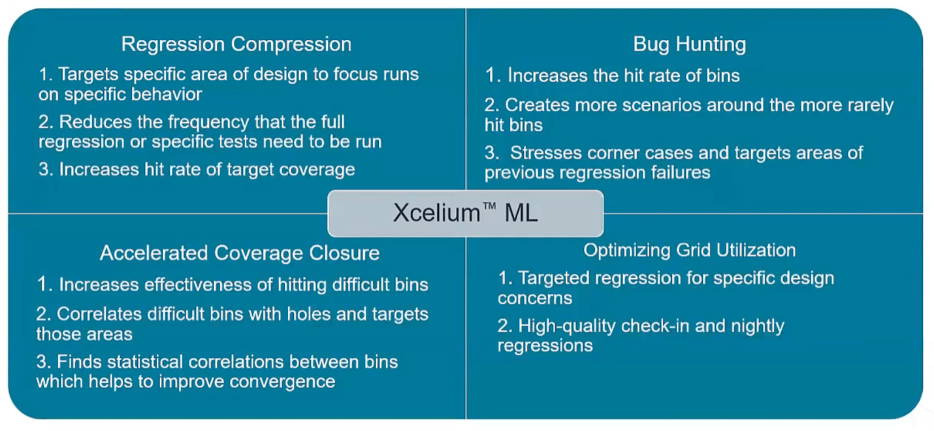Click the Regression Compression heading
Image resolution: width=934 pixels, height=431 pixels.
(x=236, y=44)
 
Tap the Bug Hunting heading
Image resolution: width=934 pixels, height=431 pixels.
(x=689, y=44)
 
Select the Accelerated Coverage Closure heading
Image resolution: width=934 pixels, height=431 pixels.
(x=240, y=253)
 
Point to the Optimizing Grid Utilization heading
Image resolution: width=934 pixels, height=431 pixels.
(x=689, y=251)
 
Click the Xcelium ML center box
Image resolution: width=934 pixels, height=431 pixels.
(x=465, y=214)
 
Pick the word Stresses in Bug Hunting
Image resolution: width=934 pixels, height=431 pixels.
(x=546, y=153)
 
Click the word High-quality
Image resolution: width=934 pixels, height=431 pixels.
(x=567, y=327)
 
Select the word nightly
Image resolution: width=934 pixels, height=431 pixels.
(x=758, y=327)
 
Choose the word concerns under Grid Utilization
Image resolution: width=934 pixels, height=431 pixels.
(x=535, y=298)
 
